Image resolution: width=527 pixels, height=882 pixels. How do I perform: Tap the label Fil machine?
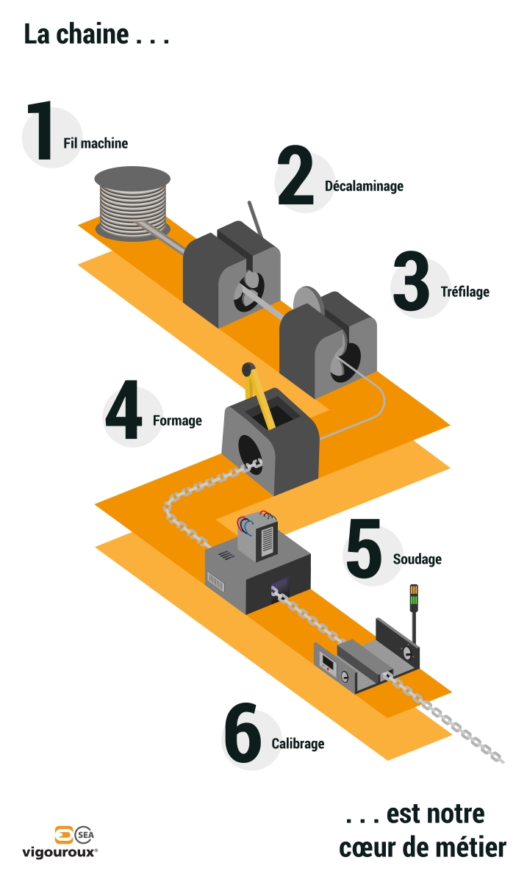click(94, 143)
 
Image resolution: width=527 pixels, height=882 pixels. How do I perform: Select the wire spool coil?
click(133, 203)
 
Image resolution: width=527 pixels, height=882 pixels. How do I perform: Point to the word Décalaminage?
click(364, 186)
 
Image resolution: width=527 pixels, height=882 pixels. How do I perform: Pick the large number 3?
click(411, 282)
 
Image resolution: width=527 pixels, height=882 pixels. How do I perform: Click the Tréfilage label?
click(465, 291)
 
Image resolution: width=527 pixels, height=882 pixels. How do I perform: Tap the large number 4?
click(123, 413)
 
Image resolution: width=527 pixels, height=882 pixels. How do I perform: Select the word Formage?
click(177, 421)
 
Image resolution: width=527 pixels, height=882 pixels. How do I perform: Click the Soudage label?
click(417, 559)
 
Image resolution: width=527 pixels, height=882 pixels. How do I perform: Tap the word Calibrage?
click(298, 744)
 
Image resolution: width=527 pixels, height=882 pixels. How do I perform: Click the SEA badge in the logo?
click(85, 835)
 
